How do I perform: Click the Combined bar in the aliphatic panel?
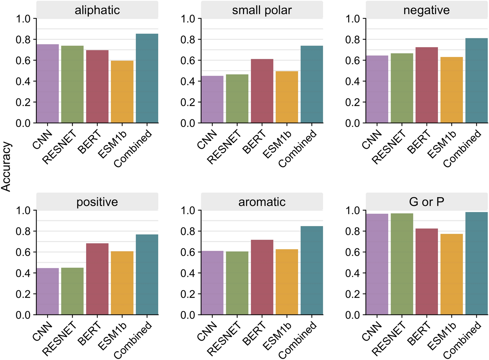[x=147, y=78]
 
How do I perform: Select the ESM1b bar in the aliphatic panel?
[x=122, y=92]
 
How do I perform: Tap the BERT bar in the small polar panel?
[x=262, y=91]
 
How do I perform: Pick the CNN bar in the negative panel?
[x=377, y=89]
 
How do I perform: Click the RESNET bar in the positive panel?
[x=72, y=291]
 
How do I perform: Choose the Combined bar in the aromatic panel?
[x=312, y=270]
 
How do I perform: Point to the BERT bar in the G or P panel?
[x=427, y=272]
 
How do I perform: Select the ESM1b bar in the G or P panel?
[x=452, y=274]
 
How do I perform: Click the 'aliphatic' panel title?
[x=97, y=10]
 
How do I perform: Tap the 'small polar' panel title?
[x=262, y=10]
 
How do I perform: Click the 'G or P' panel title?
[x=427, y=202]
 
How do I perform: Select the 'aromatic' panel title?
[x=262, y=202]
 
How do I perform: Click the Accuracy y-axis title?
[x=6, y=167]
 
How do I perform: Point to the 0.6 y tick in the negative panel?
[x=353, y=60]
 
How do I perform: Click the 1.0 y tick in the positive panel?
[x=23, y=211]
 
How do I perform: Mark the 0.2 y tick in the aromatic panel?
[x=188, y=294]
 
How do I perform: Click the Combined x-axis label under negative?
[x=462, y=149]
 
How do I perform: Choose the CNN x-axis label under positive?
[x=43, y=331]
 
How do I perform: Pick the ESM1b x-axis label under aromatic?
[x=277, y=336]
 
